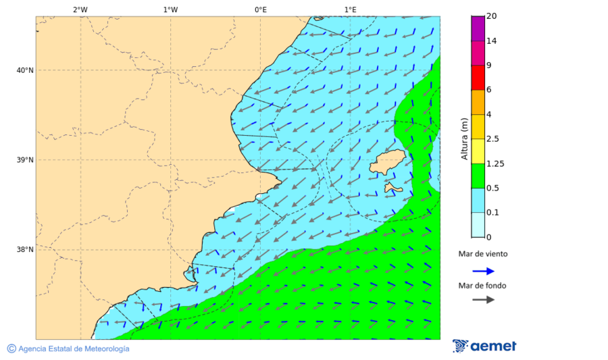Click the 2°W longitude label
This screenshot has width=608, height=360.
pos(80,9)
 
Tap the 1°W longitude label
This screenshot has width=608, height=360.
pos(170,9)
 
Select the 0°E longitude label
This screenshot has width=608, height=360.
pos(260,9)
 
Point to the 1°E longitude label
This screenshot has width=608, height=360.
pos(350,9)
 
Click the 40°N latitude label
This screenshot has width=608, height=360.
pos(25,70)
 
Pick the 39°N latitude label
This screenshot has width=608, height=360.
pos(25,160)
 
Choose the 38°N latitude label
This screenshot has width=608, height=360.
pos(25,249)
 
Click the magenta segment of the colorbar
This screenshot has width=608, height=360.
pos(478,28)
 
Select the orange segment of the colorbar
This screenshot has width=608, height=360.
pos(478,102)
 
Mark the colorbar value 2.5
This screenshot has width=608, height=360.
pos(492,139)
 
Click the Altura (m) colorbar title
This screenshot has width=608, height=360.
pos(464,138)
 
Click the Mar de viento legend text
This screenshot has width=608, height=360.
pos(482,255)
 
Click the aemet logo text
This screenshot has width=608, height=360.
pos(493,346)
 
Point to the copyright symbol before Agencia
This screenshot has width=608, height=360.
pos(11,349)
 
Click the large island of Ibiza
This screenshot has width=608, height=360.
pos(386,164)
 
